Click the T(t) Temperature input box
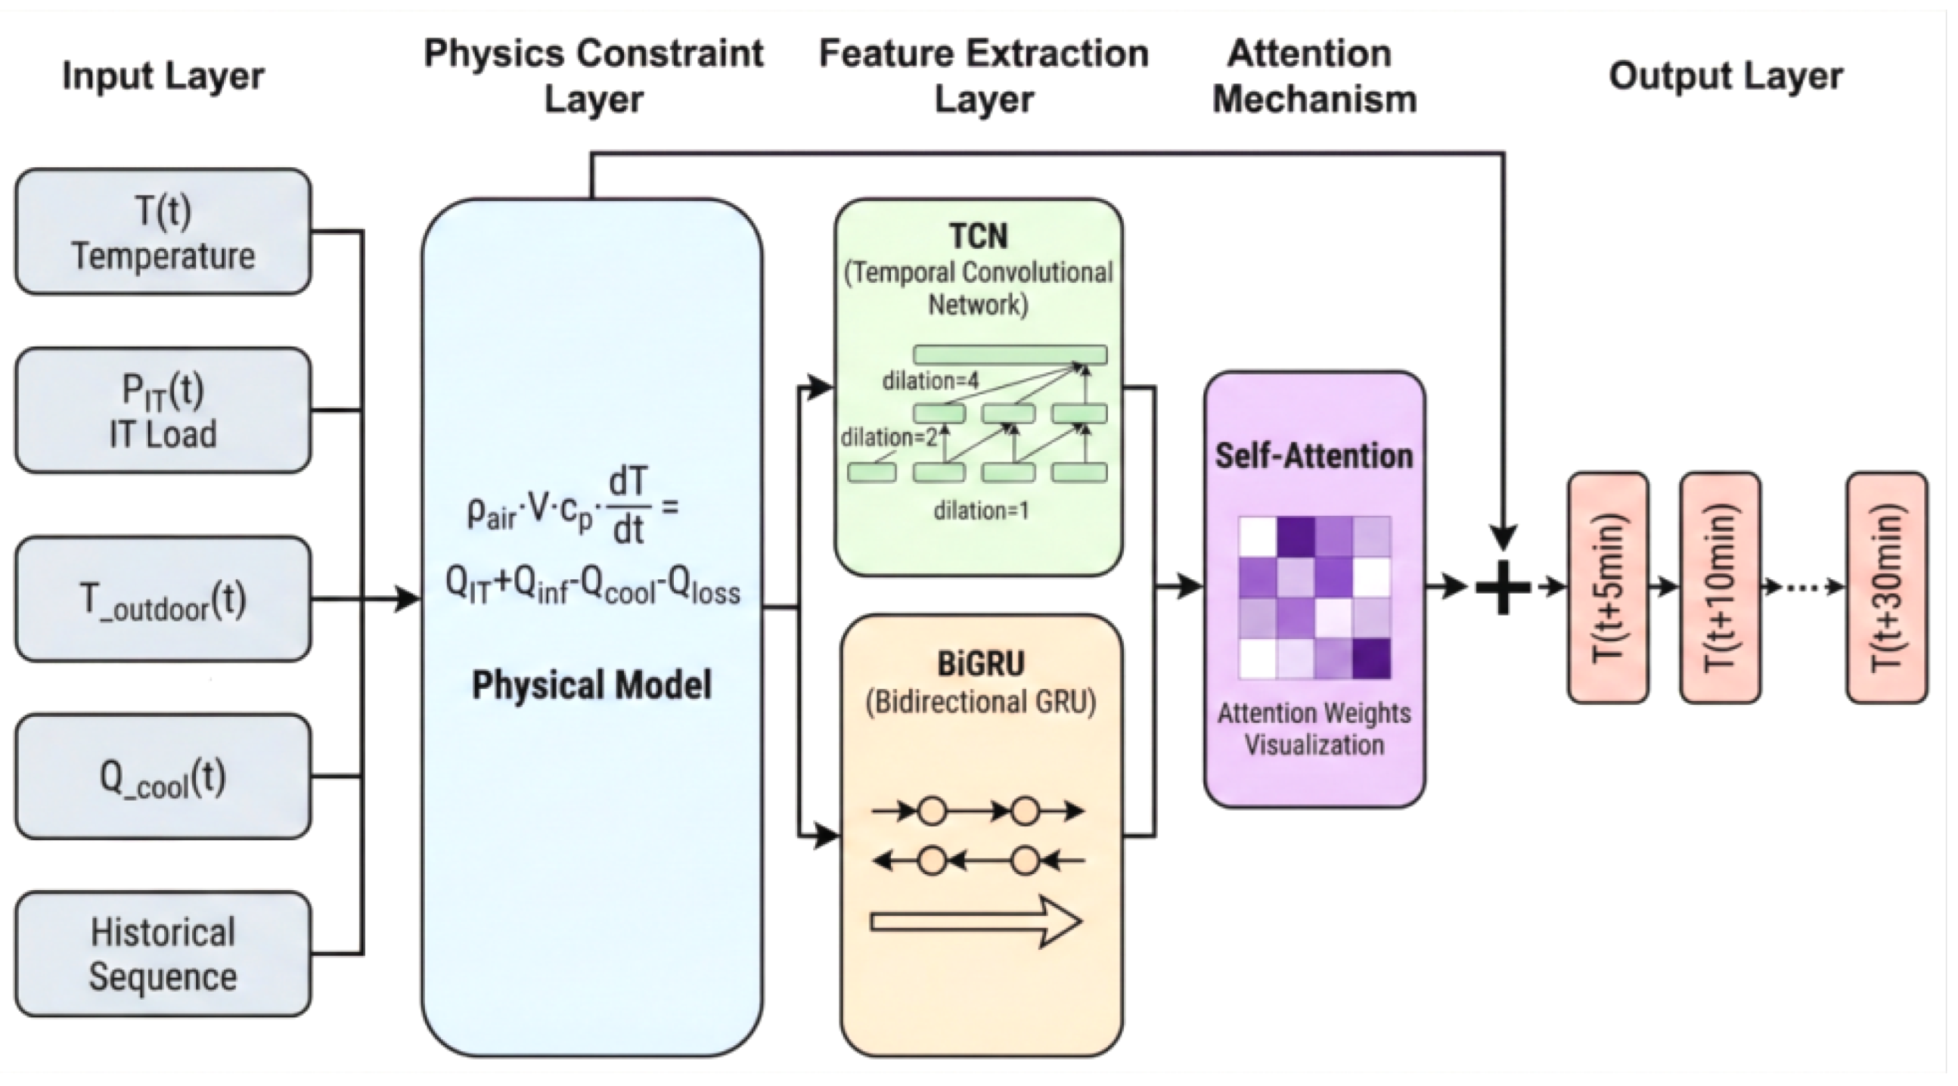(x=163, y=231)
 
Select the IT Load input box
(x=163, y=411)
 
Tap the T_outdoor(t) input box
(x=163, y=599)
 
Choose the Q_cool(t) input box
(x=163, y=777)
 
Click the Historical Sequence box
(x=163, y=954)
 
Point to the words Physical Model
(x=591, y=684)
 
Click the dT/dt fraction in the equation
(x=628, y=505)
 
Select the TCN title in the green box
(x=978, y=237)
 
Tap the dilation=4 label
(x=929, y=380)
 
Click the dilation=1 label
(x=982, y=510)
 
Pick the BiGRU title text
(x=981, y=663)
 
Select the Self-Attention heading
(x=1314, y=456)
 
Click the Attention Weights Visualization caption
(x=1314, y=729)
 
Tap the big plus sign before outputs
(x=1503, y=587)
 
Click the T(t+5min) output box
(x=1609, y=588)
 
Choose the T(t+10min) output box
(x=1719, y=588)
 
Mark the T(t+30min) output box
(x=1887, y=588)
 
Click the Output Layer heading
(x=1725, y=76)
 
